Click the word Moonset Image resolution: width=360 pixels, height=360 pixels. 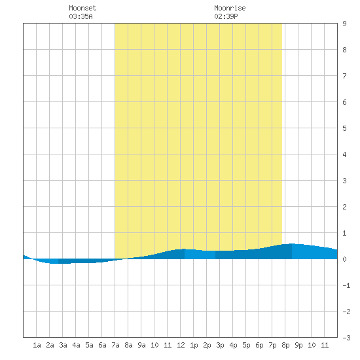pyautogui.click(x=82, y=8)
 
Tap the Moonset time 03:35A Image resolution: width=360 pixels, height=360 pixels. pyautogui.click(x=81, y=16)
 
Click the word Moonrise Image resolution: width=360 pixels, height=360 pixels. pyautogui.click(x=230, y=8)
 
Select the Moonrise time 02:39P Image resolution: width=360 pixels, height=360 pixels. pyautogui.click(x=226, y=16)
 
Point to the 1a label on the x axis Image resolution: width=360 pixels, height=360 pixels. pyautogui.click(x=37, y=345)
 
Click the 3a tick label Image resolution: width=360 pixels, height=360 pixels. pyautogui.click(x=63, y=345)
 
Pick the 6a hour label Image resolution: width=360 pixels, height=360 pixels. pyautogui.click(x=102, y=345)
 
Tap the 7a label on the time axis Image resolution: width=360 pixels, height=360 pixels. pyautogui.click(x=115, y=345)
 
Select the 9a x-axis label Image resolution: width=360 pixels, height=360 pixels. pyautogui.click(x=141, y=345)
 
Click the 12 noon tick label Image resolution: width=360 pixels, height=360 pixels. pyautogui.click(x=181, y=345)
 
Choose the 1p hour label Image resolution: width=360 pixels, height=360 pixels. pyautogui.click(x=194, y=345)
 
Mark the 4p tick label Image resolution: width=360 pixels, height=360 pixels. pyautogui.click(x=233, y=345)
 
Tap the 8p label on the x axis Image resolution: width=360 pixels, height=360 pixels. pyautogui.click(x=285, y=345)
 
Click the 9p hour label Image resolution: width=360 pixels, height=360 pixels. pyautogui.click(x=298, y=345)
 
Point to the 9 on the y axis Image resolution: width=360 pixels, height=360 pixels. pyautogui.click(x=344, y=24)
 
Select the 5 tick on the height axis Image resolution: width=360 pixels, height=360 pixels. pyautogui.click(x=344, y=128)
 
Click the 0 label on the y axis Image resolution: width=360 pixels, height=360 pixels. pyautogui.click(x=344, y=259)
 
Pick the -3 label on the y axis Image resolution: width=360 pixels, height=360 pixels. pyautogui.click(x=346, y=338)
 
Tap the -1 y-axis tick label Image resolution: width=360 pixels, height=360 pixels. pyautogui.click(x=346, y=285)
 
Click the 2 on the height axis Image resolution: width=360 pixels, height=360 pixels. pyautogui.click(x=344, y=207)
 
